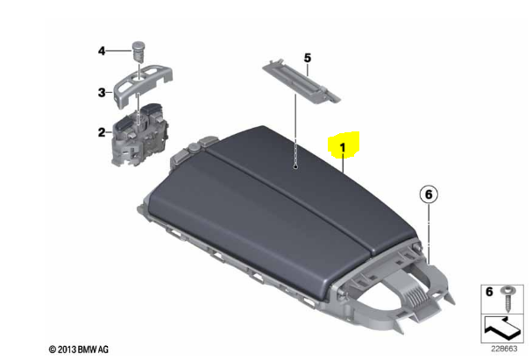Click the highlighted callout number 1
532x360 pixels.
tap(343, 147)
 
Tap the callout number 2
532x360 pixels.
tap(102, 132)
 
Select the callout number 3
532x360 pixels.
tap(102, 92)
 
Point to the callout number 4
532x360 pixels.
tap(102, 51)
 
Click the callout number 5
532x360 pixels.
tap(308, 58)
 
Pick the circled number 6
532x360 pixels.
tap(429, 194)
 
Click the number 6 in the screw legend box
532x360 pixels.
tap(489, 292)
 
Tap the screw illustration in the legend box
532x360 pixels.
tap(508, 299)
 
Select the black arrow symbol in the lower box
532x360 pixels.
tap(502, 328)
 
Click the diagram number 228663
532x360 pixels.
tap(505, 349)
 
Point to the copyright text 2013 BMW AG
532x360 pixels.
tap(79, 349)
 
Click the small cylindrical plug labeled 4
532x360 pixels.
tap(138, 51)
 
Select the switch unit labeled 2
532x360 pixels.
tap(139, 136)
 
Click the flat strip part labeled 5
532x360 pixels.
tap(301, 81)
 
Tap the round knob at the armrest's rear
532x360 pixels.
tap(194, 147)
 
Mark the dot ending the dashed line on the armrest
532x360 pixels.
tap(296, 167)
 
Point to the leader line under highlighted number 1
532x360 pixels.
tap(344, 164)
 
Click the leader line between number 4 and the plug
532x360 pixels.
tap(118, 51)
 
